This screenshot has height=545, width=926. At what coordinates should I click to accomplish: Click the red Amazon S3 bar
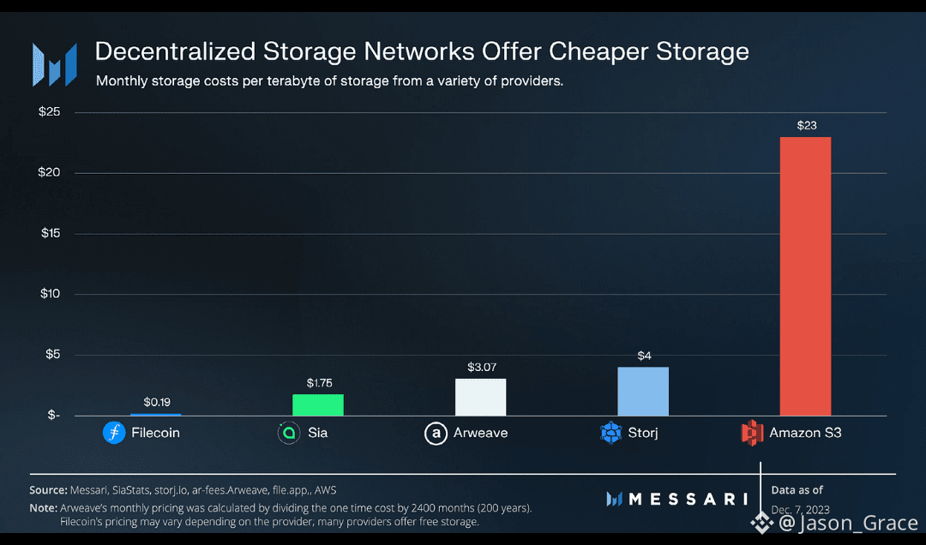click(x=804, y=276)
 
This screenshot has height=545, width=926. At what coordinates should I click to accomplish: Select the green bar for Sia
click(x=317, y=404)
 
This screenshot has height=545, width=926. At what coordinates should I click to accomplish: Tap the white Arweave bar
click(x=480, y=397)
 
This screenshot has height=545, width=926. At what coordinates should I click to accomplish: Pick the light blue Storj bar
click(x=642, y=391)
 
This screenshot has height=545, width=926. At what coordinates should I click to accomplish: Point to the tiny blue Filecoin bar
click(x=155, y=415)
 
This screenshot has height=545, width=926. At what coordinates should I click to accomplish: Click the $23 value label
click(x=805, y=125)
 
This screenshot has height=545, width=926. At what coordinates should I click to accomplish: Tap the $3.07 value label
click(x=480, y=367)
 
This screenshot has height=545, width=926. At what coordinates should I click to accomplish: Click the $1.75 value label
click(x=318, y=382)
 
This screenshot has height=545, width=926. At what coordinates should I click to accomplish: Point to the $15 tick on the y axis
click(x=51, y=233)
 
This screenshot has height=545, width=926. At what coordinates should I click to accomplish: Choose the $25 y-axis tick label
click(x=51, y=112)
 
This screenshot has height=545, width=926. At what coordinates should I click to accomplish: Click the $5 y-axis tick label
click(x=53, y=355)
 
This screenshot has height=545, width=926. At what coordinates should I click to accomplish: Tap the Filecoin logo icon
click(x=114, y=433)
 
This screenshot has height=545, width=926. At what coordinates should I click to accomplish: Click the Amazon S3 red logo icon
click(x=752, y=433)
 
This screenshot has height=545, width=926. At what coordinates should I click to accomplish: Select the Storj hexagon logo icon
click(x=610, y=433)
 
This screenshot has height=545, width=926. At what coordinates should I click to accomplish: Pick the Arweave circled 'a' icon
click(x=436, y=433)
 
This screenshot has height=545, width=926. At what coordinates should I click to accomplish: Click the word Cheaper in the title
click(x=593, y=51)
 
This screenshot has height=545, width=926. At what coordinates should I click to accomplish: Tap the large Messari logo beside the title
click(x=54, y=64)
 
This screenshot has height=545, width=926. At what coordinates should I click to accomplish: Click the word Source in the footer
click(x=48, y=490)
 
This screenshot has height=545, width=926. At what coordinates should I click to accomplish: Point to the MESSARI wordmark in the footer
click(x=676, y=499)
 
